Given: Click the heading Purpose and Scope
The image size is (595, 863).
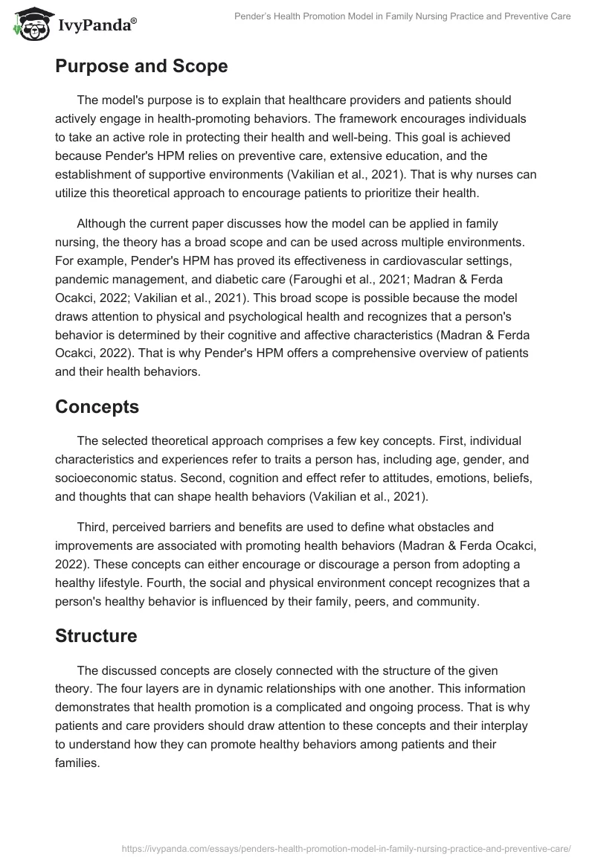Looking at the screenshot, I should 141,65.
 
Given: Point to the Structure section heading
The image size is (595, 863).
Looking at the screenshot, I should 96,636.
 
